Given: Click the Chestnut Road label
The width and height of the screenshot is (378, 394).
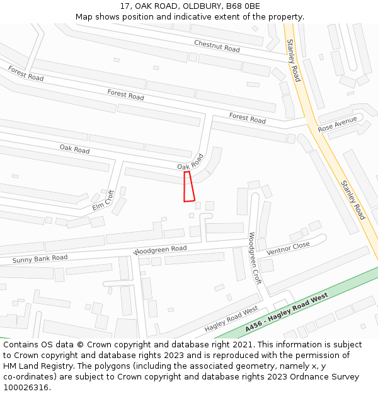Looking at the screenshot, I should pyautogui.click(x=217, y=45).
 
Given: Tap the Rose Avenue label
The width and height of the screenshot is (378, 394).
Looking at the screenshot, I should pyautogui.click(x=337, y=124).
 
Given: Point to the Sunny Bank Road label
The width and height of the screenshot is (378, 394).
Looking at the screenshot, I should pyautogui.click(x=40, y=258).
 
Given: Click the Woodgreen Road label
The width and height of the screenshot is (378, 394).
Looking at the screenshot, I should pyautogui.click(x=161, y=250).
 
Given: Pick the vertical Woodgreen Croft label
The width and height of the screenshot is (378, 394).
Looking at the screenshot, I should pyautogui.click(x=255, y=258).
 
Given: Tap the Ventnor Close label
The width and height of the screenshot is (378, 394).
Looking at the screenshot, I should pyautogui.click(x=288, y=248).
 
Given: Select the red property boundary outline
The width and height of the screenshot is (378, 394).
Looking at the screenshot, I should pyautogui.click(x=188, y=187).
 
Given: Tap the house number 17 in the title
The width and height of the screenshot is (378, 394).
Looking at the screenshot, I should pyautogui.click(x=124, y=6).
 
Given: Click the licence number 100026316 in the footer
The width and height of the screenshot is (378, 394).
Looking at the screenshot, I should pyautogui.click(x=25, y=388).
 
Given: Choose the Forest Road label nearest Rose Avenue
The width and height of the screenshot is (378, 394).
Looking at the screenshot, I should pyautogui.click(x=247, y=118).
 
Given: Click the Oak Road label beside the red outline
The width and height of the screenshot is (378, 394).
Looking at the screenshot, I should pyautogui.click(x=191, y=162).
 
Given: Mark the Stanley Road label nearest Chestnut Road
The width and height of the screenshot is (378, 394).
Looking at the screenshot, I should pyautogui.click(x=294, y=61).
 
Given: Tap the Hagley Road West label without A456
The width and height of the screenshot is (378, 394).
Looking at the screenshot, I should pyautogui.click(x=231, y=320).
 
